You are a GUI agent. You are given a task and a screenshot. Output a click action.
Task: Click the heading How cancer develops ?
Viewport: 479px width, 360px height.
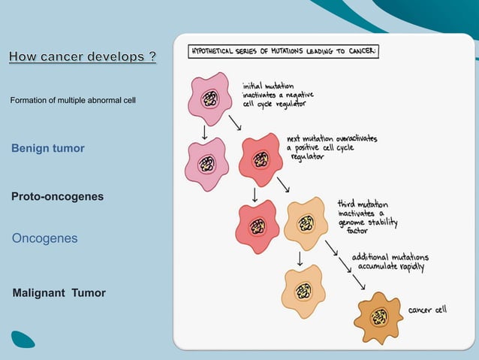(x=83, y=57)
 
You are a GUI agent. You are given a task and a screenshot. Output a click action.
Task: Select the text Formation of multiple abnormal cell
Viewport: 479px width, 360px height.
(x=73, y=101)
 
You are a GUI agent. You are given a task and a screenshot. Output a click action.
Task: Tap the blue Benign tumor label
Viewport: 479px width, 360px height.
(x=48, y=148)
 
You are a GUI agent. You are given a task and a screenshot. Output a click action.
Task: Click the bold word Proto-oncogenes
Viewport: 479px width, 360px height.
(x=57, y=196)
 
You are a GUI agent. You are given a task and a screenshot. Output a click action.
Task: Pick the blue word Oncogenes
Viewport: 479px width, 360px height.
(x=44, y=238)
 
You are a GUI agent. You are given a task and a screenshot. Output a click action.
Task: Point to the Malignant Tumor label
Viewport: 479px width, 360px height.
(x=59, y=292)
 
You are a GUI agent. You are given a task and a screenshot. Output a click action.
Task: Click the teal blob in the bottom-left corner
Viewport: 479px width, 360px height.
(x=23, y=339)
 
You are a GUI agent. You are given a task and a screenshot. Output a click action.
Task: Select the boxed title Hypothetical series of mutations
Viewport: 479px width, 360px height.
(x=284, y=52)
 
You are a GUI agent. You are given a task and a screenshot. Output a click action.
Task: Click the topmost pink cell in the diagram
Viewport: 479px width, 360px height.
(x=210, y=98)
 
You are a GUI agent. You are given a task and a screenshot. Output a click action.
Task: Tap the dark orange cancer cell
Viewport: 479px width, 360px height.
(x=378, y=318)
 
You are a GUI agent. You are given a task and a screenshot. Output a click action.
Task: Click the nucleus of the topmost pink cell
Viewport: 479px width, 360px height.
(x=211, y=99)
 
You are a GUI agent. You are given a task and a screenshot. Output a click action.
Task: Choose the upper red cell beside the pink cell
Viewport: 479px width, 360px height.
(x=261, y=159)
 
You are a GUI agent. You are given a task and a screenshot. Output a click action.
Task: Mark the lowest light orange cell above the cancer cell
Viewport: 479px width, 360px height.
(x=303, y=291)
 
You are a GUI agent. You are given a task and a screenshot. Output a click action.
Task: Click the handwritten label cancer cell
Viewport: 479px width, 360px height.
(x=427, y=310)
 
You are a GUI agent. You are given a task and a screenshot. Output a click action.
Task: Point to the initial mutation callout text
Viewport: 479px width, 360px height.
(x=277, y=95)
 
